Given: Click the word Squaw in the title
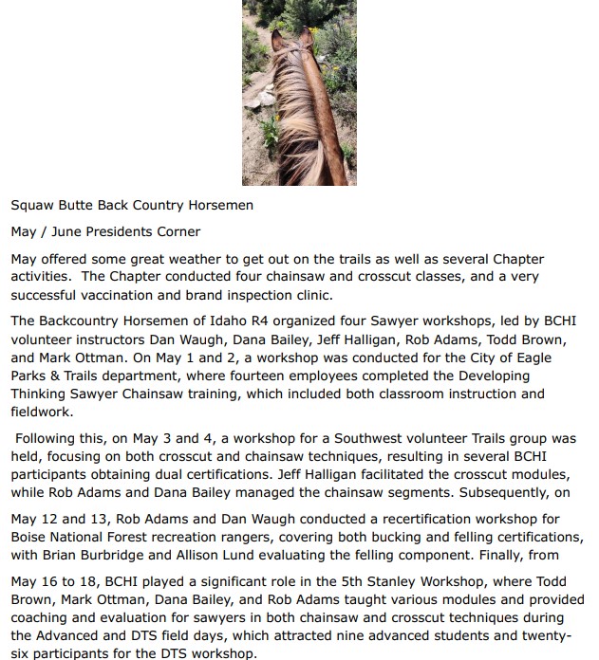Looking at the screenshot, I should [33, 205].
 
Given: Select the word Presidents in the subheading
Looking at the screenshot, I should [117, 231].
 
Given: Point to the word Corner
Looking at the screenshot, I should [177, 231].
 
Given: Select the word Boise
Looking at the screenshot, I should [30, 537].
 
